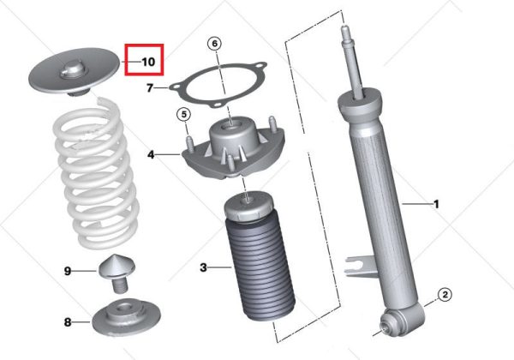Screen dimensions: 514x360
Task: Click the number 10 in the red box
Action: (x=148, y=62)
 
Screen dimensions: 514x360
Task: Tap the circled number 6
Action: (x=214, y=44)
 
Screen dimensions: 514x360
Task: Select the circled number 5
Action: (x=184, y=115)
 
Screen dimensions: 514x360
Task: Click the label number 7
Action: (x=150, y=88)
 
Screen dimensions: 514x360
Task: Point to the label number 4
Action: (x=151, y=154)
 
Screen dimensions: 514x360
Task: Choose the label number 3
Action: (x=204, y=268)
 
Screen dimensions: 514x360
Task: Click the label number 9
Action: (x=68, y=271)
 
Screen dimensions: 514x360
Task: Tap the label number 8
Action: (x=68, y=322)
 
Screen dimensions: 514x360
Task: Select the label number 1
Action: (x=436, y=204)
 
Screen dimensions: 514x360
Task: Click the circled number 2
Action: (x=445, y=294)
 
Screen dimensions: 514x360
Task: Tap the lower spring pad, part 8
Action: (x=126, y=317)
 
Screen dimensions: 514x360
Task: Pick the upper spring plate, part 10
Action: (x=75, y=71)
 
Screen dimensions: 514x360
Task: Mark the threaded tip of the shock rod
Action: (x=345, y=31)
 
